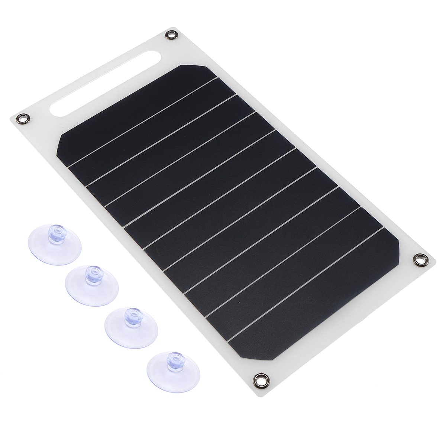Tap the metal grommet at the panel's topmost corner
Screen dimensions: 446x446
pos(171,35)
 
